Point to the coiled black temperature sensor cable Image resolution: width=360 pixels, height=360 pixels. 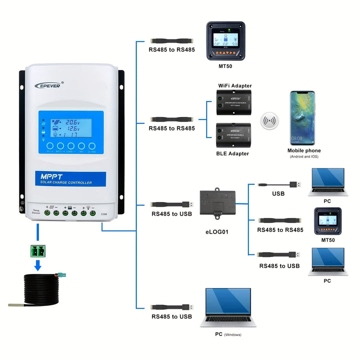click(37, 290)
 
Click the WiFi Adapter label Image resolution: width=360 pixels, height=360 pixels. click(234, 86)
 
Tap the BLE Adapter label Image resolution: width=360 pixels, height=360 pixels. click(232, 153)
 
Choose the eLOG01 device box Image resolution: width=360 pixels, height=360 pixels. click(217, 202)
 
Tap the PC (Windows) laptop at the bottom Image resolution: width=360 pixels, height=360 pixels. click(227, 308)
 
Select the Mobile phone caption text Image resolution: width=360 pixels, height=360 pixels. click(304, 150)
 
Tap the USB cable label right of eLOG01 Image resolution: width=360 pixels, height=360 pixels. click(279, 193)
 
